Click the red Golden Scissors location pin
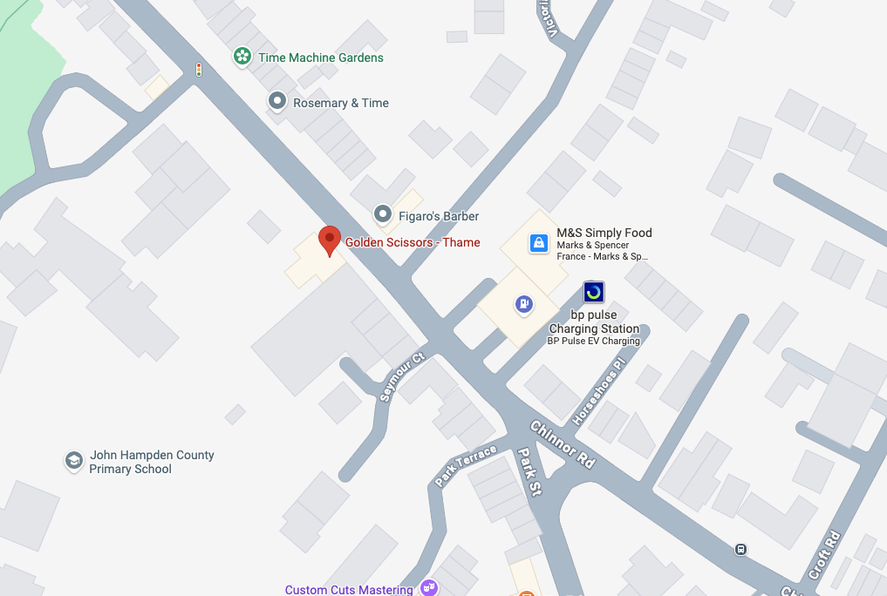pyautogui.click(x=329, y=240)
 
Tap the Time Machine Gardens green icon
pyautogui.click(x=242, y=58)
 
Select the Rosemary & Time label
pyautogui.click(x=341, y=103)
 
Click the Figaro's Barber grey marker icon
pyautogui.click(x=382, y=213)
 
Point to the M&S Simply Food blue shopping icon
pyautogui.click(x=539, y=243)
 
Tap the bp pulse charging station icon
pyautogui.click(x=594, y=292)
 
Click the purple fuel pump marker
pyautogui.click(x=523, y=304)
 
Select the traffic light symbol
pyautogui.click(x=199, y=70)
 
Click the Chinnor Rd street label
pyautogui.click(x=563, y=444)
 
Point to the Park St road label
pyautogui.click(x=529, y=471)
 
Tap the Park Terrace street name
pyautogui.click(x=466, y=465)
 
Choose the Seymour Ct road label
pyautogui.click(x=402, y=377)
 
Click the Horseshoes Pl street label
pyautogui.click(x=598, y=392)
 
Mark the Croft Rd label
pyautogui.click(x=824, y=555)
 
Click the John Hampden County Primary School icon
pyautogui.click(x=74, y=460)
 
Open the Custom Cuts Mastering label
pyautogui.click(x=349, y=590)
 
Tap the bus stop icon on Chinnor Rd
pyautogui.click(x=740, y=549)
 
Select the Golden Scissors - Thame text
pyautogui.click(x=413, y=242)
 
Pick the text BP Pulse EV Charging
pyautogui.click(x=593, y=342)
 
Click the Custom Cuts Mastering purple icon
pyautogui.click(x=428, y=588)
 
